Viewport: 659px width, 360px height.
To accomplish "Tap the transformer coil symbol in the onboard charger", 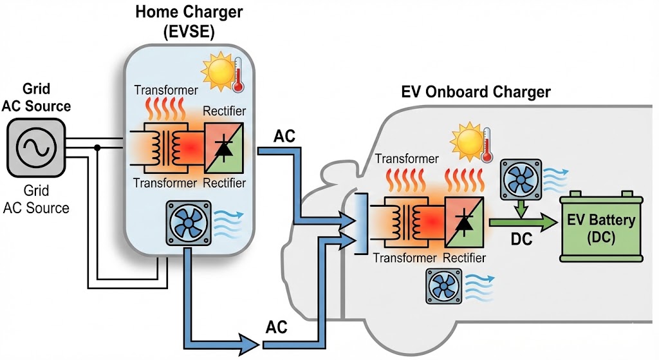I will coord(406,221).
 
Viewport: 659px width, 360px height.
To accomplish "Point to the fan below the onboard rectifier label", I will coord(444,286).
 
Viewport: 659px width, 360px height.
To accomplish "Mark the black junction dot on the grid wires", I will coord(97,147).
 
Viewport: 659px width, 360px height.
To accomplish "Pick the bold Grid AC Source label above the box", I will coord(36,97).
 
